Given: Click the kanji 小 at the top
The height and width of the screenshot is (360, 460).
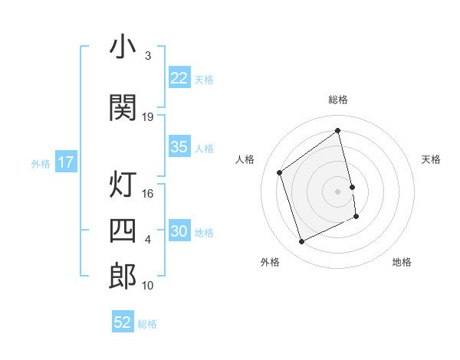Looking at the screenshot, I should (123, 47).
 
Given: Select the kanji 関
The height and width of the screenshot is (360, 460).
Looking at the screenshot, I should (123, 108).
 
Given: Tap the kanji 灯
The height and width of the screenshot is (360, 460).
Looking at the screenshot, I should (123, 185).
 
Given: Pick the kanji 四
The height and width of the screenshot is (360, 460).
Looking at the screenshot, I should (123, 231).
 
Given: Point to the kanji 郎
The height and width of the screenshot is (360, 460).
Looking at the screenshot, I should (123, 277).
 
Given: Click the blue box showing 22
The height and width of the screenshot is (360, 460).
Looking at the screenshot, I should (179, 78).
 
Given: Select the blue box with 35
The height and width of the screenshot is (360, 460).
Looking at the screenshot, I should (179, 147).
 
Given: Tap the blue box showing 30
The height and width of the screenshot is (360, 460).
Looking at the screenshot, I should (179, 231).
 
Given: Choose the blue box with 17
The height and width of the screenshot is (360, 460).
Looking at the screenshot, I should (65, 162).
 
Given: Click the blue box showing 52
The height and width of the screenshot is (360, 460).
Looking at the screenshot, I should (123, 322).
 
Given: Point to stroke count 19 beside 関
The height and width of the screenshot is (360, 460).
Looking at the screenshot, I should (148, 116).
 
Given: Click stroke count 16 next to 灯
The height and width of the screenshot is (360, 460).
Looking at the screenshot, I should (148, 193).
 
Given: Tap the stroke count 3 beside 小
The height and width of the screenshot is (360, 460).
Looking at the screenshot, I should (148, 56).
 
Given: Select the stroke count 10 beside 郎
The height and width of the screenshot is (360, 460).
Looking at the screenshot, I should (148, 285).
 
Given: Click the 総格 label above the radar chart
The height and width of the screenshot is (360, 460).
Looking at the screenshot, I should (338, 100).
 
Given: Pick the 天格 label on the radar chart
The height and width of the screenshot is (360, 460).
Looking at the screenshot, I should (431, 159).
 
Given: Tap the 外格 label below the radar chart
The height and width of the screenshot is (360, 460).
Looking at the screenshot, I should (270, 262).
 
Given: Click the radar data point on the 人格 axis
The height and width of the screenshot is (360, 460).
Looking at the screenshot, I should (280, 172).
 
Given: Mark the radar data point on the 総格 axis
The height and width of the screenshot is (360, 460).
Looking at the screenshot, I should (338, 131).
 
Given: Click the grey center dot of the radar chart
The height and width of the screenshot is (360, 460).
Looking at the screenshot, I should (338, 191).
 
